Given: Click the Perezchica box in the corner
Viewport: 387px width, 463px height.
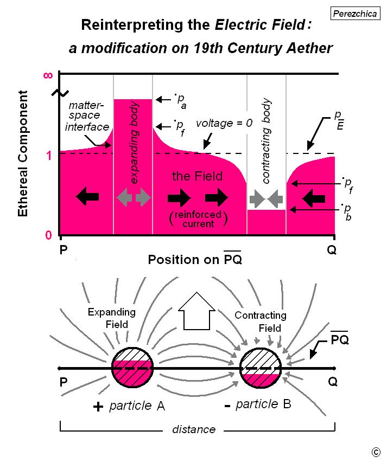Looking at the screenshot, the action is (x=355, y=14).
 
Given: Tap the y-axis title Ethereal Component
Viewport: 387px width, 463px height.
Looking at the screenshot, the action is (x=23, y=153).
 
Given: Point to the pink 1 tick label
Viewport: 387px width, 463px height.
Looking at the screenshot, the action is (x=49, y=156).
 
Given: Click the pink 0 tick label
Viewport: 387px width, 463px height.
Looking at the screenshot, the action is (x=48, y=235).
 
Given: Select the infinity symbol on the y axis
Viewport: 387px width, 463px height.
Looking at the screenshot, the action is (x=48, y=75).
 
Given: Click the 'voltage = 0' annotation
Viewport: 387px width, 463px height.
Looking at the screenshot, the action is (x=224, y=123).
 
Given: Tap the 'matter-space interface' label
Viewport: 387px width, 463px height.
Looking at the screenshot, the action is (x=87, y=116).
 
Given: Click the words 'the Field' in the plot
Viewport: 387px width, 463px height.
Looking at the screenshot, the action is (x=197, y=176).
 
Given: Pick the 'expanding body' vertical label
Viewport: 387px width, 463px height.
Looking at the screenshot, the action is (x=134, y=143).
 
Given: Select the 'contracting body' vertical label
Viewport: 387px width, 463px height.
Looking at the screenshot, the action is (x=266, y=141).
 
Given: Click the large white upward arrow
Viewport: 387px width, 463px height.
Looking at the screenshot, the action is (x=196, y=311).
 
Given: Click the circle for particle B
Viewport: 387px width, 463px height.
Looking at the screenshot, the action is (x=260, y=368).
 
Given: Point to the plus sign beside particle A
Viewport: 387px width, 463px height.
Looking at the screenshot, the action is (x=98, y=407).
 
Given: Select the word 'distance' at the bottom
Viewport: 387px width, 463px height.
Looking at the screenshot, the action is (x=194, y=429).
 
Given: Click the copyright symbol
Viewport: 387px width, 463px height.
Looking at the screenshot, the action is (x=376, y=452).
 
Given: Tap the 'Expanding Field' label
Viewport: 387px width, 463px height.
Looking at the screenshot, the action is (x=112, y=318).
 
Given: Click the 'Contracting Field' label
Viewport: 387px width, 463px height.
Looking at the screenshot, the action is (x=261, y=321).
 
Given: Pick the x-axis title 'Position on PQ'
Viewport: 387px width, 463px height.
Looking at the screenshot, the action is (x=195, y=259).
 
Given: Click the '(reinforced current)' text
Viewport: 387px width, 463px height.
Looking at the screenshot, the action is (x=198, y=219).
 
